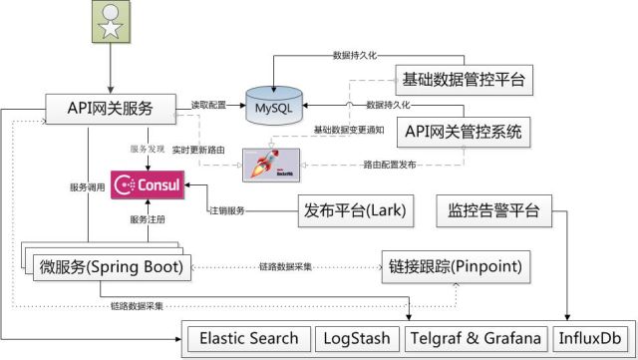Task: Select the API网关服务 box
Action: [111, 105]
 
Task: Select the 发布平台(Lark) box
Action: [354, 210]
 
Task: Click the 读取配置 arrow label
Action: [209, 103]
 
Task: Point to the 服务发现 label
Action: [148, 148]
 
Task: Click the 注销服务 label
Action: [226, 210]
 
